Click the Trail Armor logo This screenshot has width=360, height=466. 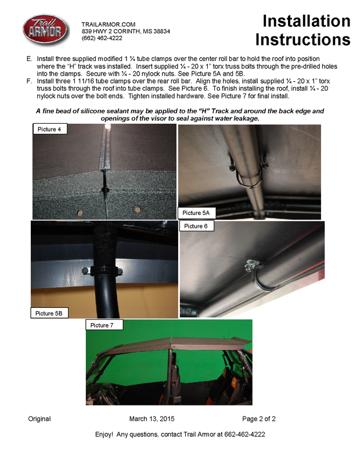point(45,30)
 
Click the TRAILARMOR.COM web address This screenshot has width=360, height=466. point(109,24)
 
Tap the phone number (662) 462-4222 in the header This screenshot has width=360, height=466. point(102,38)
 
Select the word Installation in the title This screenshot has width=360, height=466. point(306,21)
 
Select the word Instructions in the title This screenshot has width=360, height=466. point(303,40)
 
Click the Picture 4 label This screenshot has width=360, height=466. point(49,129)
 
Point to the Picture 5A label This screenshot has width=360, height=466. point(196,213)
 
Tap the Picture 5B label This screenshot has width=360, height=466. point(49,313)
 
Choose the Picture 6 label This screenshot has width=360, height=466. point(196,226)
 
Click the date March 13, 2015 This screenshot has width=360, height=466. point(152,419)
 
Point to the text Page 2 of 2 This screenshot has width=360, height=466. point(259,419)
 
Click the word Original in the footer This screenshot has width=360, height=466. point(39,419)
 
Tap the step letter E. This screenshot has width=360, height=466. point(29,59)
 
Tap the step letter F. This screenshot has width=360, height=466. point(29,81)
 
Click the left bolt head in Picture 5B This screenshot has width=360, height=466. point(85,270)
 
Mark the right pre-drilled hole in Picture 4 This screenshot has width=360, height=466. point(137,210)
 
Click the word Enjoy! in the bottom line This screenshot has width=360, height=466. point(104,435)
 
